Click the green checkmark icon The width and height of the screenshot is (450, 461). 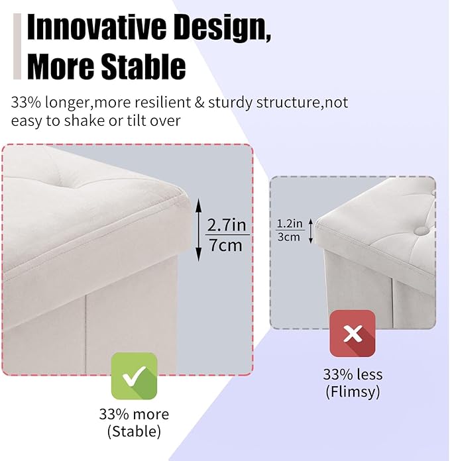point(134,376)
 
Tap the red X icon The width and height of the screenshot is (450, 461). point(353,333)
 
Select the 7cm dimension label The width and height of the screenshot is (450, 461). point(225,245)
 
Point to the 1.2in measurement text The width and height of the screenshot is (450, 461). point(290,223)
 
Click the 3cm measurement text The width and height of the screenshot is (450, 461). point(289,236)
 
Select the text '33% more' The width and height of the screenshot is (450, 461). point(134,415)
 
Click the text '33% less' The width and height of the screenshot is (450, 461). point(353,374)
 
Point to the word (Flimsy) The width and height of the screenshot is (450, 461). point(353,391)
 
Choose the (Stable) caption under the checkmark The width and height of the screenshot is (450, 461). point(134,433)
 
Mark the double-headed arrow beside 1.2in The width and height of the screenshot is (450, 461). point(309,229)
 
